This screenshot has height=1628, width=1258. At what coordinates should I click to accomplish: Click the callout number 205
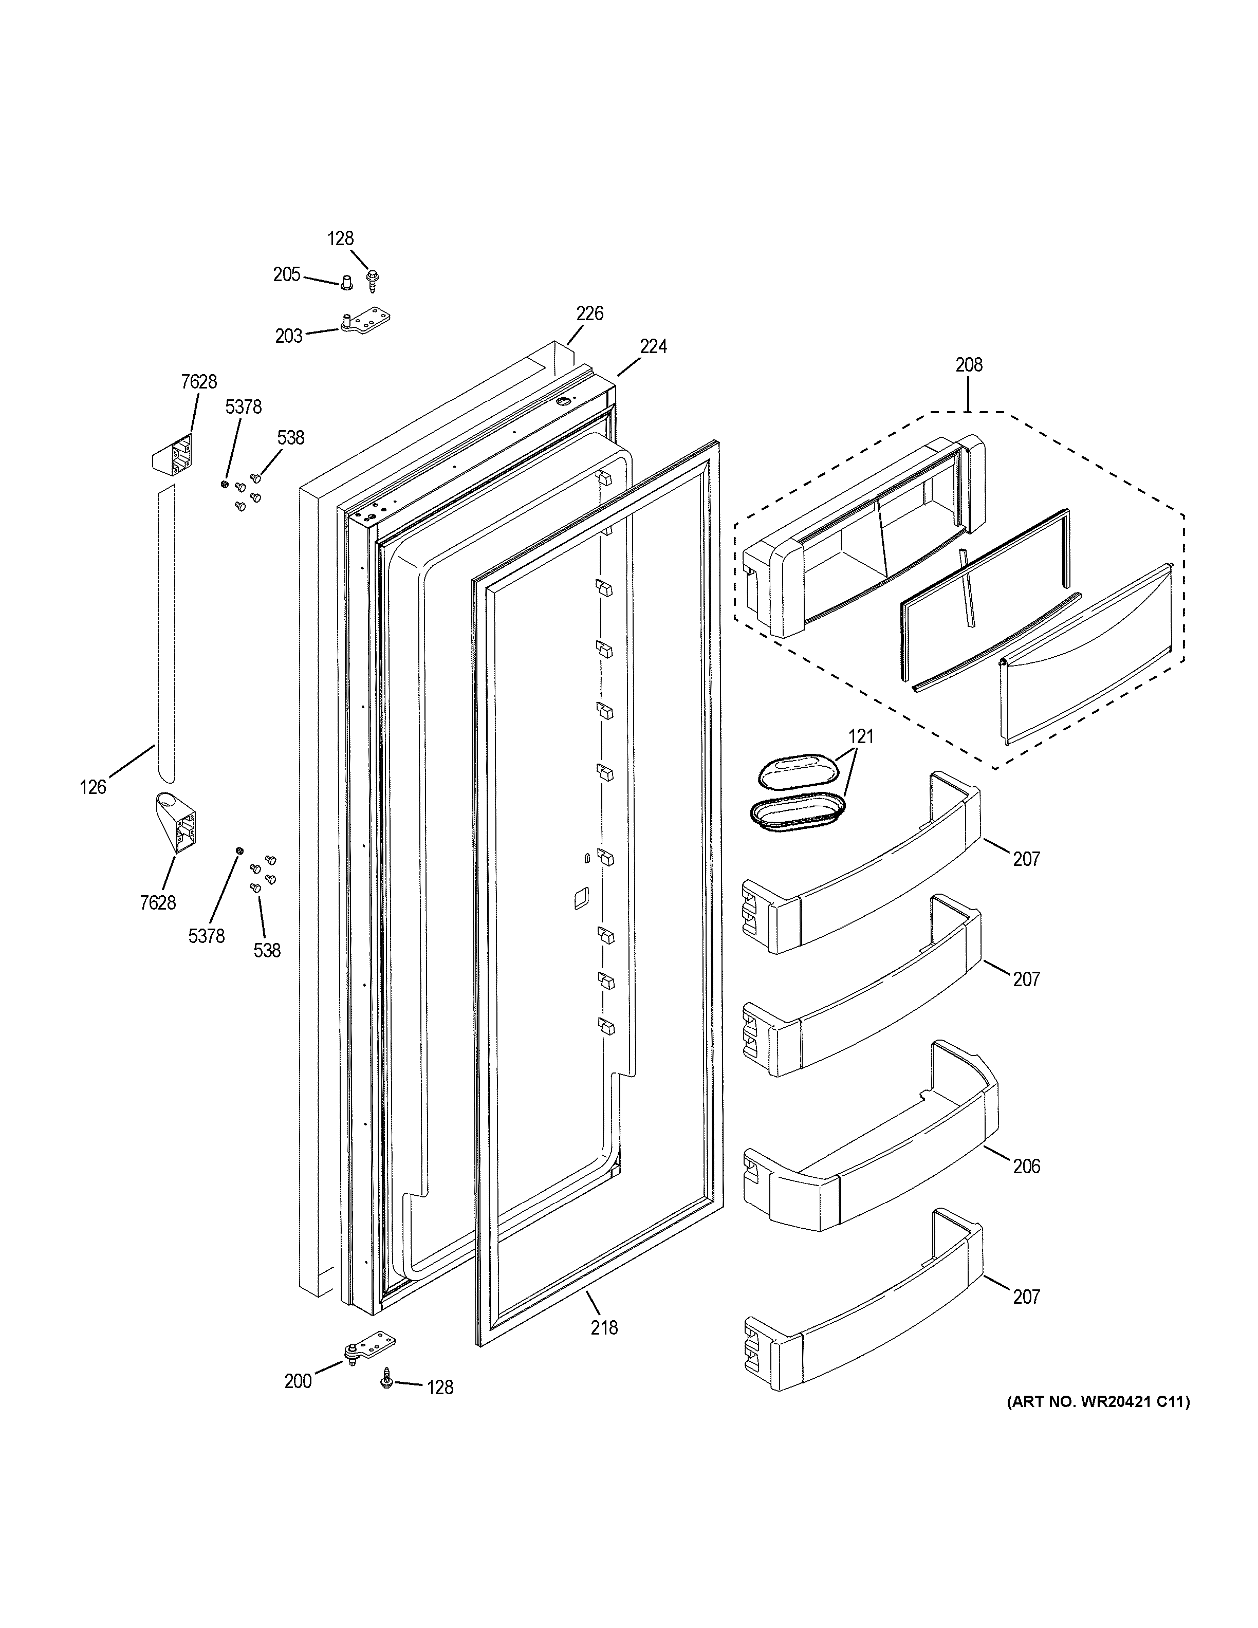click(286, 274)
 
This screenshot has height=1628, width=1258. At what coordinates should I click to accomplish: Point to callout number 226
click(589, 313)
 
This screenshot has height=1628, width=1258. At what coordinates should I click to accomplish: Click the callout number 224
click(653, 346)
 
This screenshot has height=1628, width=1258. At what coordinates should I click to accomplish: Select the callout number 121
click(861, 736)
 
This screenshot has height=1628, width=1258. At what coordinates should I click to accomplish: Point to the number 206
click(1026, 1166)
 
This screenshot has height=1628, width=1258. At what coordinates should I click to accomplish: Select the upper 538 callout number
click(291, 437)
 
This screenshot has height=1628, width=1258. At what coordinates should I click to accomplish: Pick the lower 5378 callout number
click(207, 935)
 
